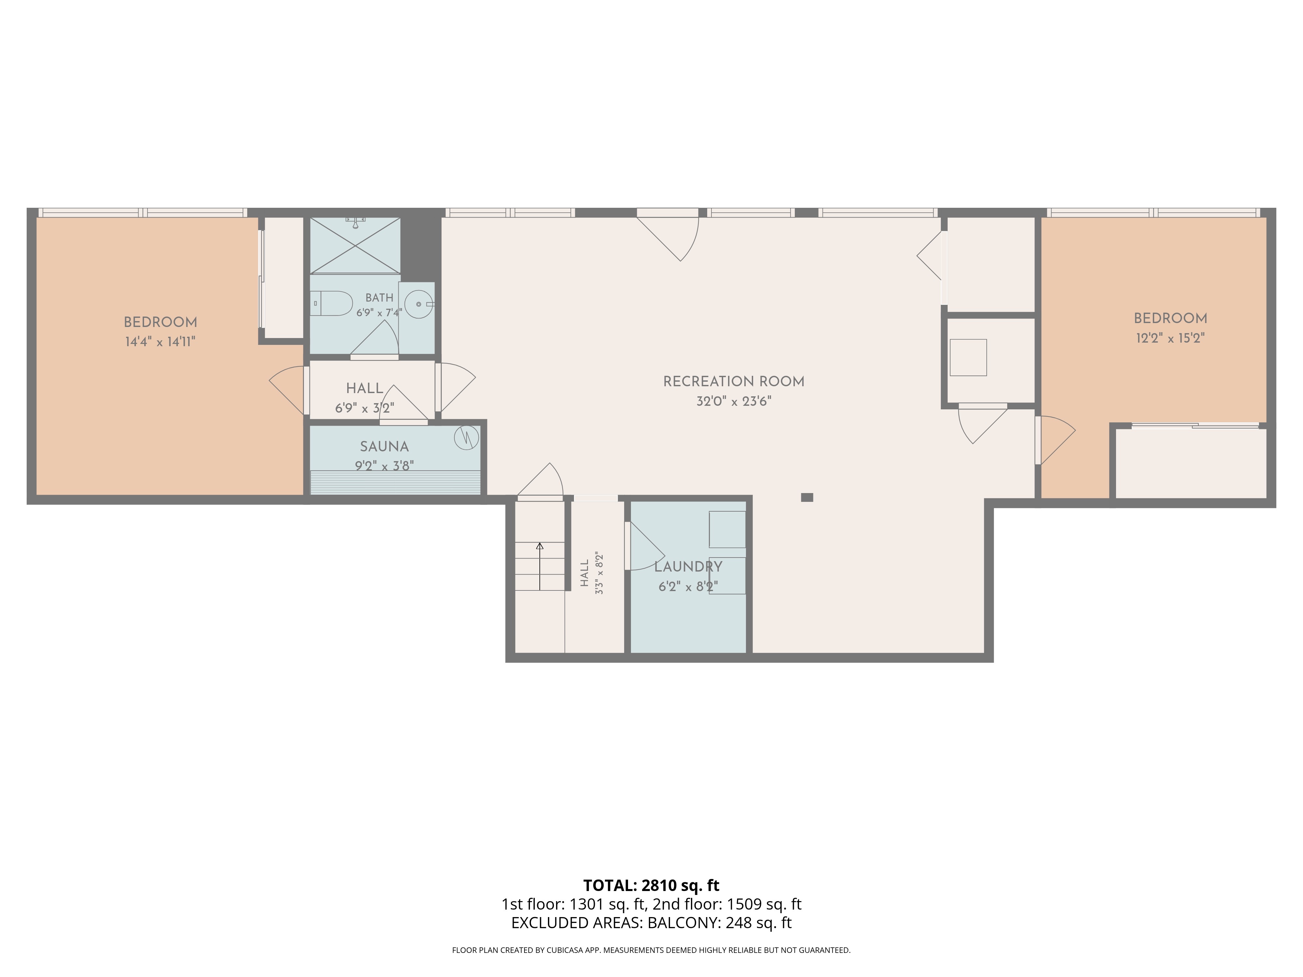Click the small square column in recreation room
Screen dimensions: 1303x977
click(x=807, y=497)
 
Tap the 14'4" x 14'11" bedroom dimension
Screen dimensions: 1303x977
click(x=160, y=342)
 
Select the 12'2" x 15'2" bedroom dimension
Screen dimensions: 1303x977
click(x=1170, y=338)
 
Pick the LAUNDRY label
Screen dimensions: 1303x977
click(x=688, y=567)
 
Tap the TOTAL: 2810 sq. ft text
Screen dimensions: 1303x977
click(x=651, y=885)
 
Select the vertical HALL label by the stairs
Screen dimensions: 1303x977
click(x=584, y=573)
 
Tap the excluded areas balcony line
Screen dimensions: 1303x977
click(x=651, y=923)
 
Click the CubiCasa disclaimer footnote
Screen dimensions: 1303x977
click(x=651, y=950)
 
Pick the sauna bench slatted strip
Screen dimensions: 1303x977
click(x=395, y=482)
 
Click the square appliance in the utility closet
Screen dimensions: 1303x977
click(x=968, y=358)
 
